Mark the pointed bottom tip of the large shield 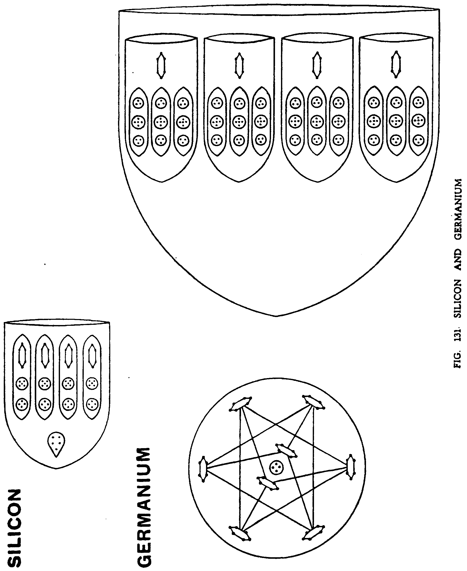[x=276, y=316]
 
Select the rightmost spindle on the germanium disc [x=351, y=467]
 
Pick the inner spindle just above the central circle [x=287, y=451]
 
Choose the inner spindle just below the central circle [x=267, y=483]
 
